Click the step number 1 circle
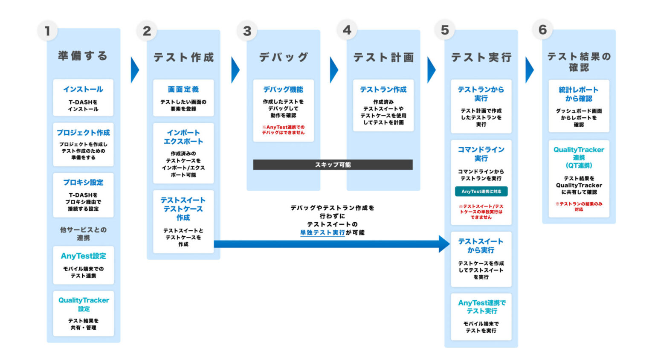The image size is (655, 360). pos(47,31)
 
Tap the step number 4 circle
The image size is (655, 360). pos(347,30)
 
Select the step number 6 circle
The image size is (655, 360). pos(542,30)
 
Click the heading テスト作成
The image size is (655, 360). pos(183,57)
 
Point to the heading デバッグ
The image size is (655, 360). pos(284,57)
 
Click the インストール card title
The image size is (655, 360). pos(83,89)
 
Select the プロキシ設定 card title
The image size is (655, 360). pos(83,182)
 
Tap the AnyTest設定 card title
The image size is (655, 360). pos(83,256)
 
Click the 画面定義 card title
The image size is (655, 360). pos(183,89)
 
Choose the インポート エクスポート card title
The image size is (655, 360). pos(183,137)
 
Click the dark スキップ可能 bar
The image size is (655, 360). pos(333,165)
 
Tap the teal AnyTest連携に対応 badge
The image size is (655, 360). pos(481,192)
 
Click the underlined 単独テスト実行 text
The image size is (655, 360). pos(322,232)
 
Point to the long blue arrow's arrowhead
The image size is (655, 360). pos(444,244)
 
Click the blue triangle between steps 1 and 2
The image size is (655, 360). pos(135,70)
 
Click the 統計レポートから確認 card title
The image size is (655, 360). pos(579,94)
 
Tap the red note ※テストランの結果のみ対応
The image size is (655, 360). pos(579,206)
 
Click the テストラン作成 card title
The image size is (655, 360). pos(383,89)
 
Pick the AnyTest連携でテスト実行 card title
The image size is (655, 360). pos(481,307)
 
